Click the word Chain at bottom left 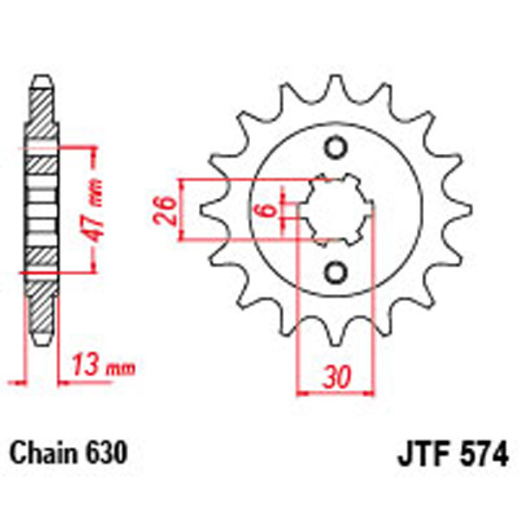44,452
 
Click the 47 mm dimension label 96,210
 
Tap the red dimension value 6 268,210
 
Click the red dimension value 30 333,377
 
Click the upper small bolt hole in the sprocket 336,147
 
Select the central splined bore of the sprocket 336,210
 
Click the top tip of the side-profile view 42,80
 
